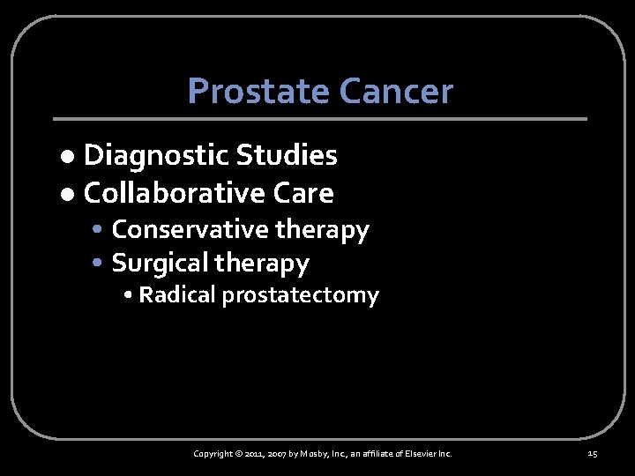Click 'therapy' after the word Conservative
[322, 231]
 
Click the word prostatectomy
[300, 296]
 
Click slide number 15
[592, 454]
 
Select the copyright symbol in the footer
[239, 454]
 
